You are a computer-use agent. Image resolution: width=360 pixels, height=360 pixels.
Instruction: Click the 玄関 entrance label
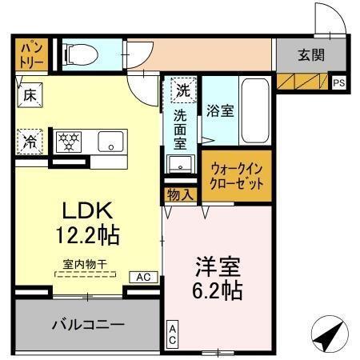pyautogui.click(x=310, y=56)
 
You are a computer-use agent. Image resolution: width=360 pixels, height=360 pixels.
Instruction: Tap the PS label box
pyautogui.click(x=339, y=82)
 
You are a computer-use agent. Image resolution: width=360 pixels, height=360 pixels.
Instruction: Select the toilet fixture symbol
pyautogui.click(x=78, y=54)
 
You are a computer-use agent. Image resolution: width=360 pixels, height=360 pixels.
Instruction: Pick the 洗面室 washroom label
pyautogui.click(x=181, y=129)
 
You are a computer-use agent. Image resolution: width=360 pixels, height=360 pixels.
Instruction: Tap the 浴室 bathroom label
pyautogui.click(x=220, y=111)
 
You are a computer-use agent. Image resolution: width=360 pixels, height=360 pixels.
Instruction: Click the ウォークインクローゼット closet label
pyautogui.click(x=236, y=174)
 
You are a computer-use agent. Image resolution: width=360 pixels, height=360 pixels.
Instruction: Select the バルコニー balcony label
pyautogui.click(x=88, y=325)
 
